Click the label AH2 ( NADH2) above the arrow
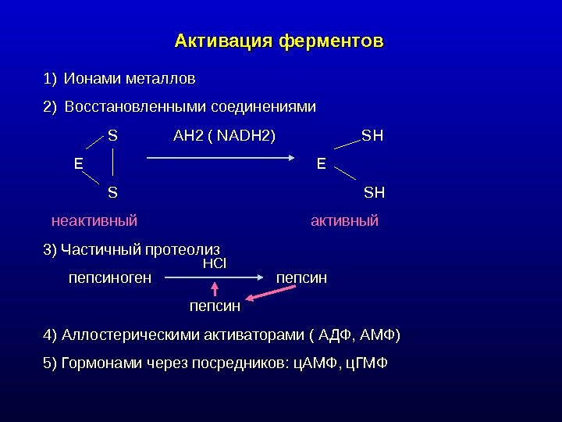tap(224, 137)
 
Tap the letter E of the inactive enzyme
tap(78, 163)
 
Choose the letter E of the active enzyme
tap(321, 163)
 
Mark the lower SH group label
tap(375, 191)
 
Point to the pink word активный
tap(344, 220)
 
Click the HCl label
tap(214, 264)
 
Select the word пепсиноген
tap(110, 277)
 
